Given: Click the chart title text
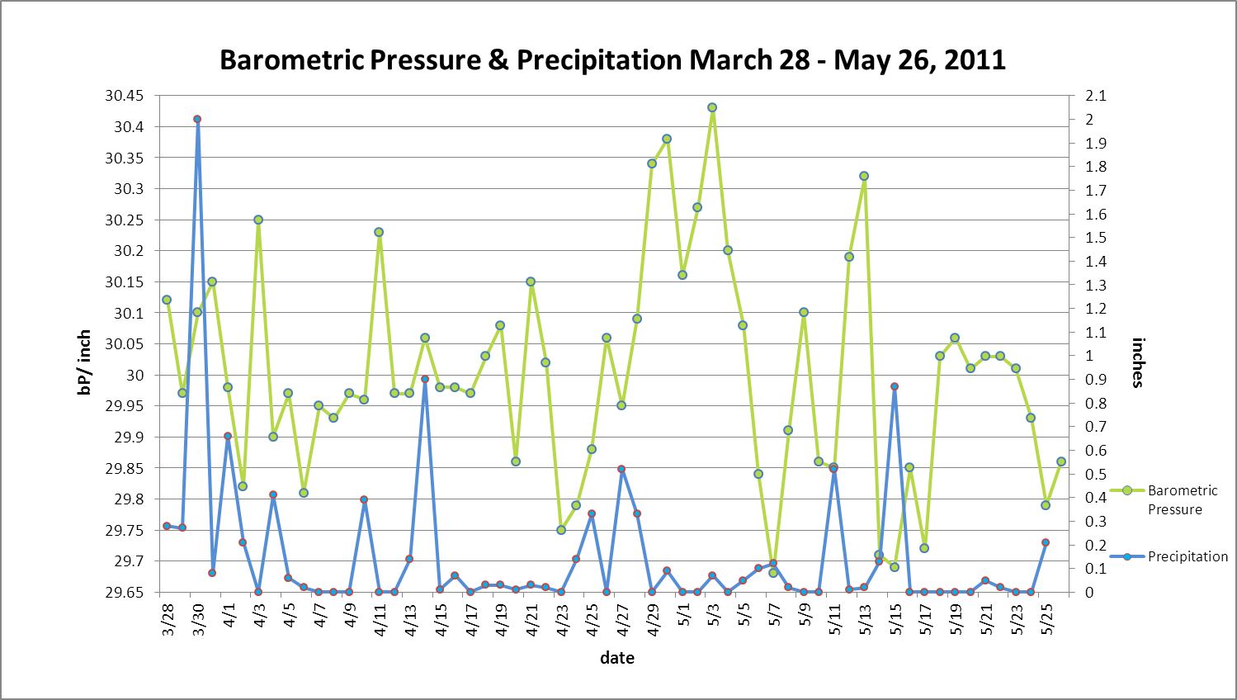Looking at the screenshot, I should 612,60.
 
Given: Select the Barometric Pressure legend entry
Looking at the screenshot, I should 1182,499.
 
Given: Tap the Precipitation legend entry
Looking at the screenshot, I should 1187,556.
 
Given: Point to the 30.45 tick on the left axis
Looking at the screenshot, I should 124,96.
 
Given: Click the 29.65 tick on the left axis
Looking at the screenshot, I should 124,592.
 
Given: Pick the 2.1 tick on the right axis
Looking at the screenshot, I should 1096,96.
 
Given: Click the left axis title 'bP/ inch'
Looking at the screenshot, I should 84,362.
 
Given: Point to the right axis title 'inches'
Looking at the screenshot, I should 1138,362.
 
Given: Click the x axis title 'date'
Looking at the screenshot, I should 617,658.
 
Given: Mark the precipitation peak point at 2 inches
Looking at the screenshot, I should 197,120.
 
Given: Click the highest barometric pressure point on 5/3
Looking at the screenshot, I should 712,107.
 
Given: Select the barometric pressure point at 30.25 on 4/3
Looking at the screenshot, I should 258,220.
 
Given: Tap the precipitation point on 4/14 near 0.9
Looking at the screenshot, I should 425,379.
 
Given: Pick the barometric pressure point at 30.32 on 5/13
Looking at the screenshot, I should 864,176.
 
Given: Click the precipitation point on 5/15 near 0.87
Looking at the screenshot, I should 895,386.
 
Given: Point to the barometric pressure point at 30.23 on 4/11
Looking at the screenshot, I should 379,232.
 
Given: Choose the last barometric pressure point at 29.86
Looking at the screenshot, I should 1061,461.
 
